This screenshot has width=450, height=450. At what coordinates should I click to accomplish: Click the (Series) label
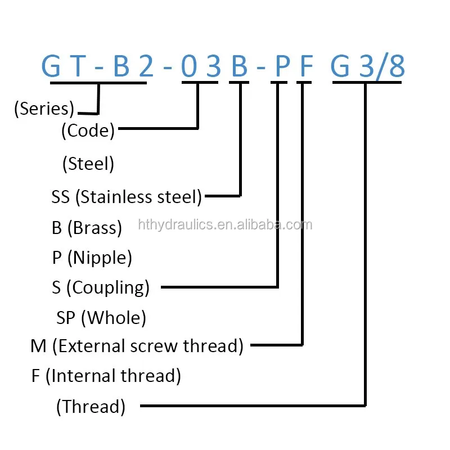[44, 109]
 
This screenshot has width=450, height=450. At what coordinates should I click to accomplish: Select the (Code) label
[88, 130]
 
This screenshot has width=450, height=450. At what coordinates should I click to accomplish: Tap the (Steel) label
[88, 164]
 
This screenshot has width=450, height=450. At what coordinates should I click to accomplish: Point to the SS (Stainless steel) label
[127, 197]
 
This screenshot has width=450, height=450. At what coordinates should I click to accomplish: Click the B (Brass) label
[87, 227]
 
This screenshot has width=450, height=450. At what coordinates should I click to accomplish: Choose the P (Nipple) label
[92, 258]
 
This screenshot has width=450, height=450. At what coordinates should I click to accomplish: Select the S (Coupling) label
[101, 287]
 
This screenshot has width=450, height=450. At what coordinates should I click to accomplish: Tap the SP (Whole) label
[101, 318]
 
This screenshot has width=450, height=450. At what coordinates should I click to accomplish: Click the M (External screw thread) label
[137, 345]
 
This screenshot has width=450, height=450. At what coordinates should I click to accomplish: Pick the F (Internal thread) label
[106, 375]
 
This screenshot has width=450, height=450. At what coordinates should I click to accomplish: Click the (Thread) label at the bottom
[91, 406]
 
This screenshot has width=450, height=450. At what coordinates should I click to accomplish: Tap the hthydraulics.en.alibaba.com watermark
[225, 225]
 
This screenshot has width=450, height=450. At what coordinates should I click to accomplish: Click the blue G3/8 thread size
[367, 67]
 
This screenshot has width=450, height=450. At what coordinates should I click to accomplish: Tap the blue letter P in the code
[282, 67]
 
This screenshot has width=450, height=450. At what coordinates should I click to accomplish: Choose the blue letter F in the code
[305, 67]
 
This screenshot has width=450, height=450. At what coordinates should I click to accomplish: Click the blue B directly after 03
[240, 67]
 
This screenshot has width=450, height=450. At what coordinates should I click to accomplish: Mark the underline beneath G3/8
[367, 83]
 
